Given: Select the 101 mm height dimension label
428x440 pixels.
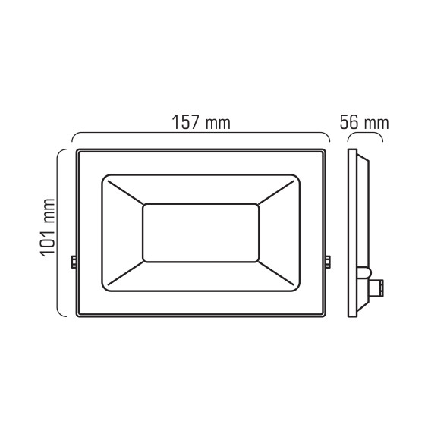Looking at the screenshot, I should (x=49, y=228).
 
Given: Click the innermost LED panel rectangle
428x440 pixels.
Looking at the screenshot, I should (x=201, y=232).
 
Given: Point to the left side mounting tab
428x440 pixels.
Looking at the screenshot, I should (x=74, y=261).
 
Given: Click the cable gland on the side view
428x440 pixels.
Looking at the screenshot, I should (x=372, y=285).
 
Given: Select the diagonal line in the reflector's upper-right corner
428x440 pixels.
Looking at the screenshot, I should (x=278, y=190).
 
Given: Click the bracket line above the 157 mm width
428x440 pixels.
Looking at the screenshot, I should (x=200, y=134).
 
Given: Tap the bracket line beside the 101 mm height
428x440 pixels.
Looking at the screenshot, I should (x=61, y=231).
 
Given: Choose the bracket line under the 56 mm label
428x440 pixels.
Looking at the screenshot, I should (x=364, y=135).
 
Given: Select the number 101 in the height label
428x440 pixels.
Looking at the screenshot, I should (x=49, y=242).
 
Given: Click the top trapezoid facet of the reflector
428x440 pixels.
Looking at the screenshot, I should (x=201, y=189).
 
